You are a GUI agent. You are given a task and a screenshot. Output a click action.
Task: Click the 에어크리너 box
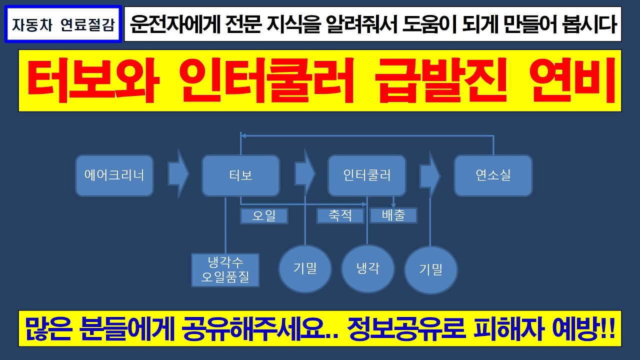pyautogui.click(x=114, y=175)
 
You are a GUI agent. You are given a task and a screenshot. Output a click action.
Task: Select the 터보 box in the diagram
pyautogui.click(x=240, y=175)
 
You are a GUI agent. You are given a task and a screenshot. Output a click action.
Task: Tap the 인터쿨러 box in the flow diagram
pyautogui.click(x=366, y=175)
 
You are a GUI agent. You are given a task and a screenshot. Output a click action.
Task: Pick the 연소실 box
pyautogui.click(x=493, y=175)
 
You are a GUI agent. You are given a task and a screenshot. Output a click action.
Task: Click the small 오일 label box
pyautogui.click(x=264, y=216)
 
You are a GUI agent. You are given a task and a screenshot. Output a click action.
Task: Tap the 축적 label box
pyautogui.click(x=340, y=215)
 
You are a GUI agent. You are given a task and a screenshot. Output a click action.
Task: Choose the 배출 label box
pyautogui.click(x=393, y=215)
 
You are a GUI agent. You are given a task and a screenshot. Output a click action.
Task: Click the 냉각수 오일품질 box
pyautogui.click(x=225, y=270)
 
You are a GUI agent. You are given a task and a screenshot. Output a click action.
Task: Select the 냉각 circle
pyautogui.click(x=367, y=268)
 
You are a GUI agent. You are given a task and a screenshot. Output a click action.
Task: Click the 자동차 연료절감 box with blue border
pyautogui.click(x=62, y=24)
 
